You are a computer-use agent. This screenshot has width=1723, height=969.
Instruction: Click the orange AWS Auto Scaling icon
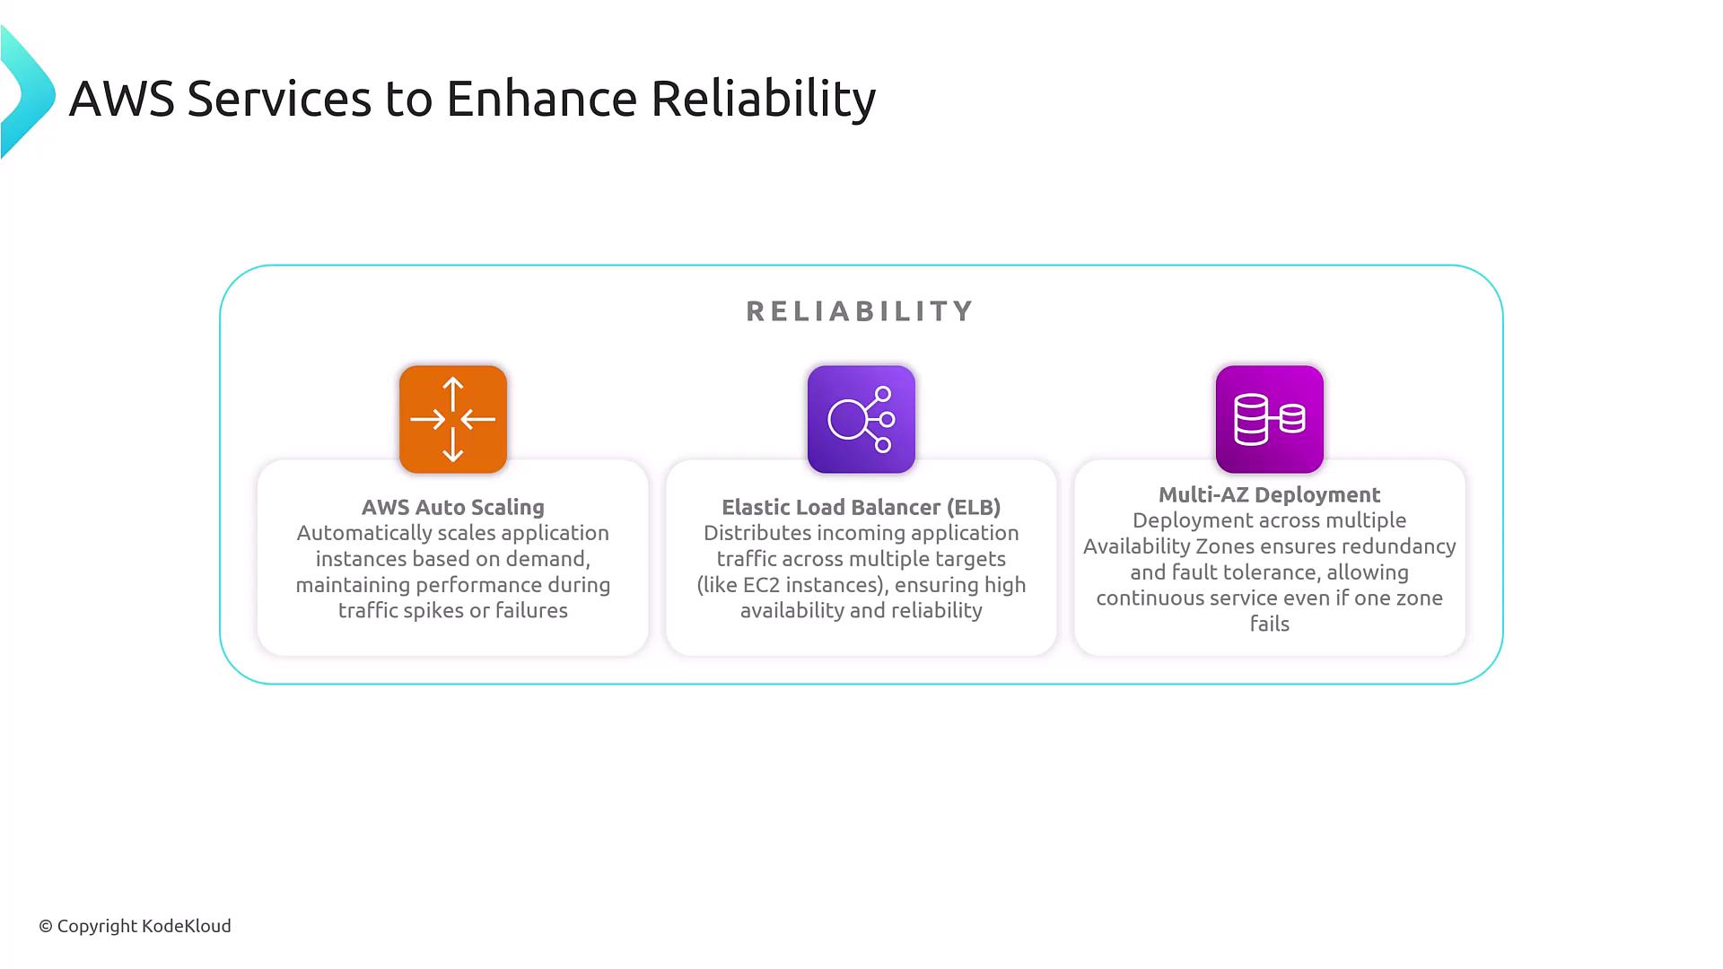tap(453, 419)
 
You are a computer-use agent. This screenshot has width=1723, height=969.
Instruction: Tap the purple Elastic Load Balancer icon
tap(861, 419)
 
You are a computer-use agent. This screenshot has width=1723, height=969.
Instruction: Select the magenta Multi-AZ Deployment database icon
tap(1270, 419)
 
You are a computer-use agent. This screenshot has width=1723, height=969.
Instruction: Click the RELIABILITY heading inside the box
tap(861, 311)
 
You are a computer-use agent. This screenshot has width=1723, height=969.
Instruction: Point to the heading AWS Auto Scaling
tap(453, 507)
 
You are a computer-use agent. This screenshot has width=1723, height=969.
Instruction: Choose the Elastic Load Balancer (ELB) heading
tap(861, 507)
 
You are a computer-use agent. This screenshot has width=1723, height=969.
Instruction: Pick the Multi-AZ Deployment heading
tap(1270, 494)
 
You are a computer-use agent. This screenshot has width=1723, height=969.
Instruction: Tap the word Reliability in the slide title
tap(763, 99)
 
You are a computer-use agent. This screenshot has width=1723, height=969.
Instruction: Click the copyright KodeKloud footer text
tap(135, 926)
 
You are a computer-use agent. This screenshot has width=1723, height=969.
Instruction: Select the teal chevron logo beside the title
tap(28, 92)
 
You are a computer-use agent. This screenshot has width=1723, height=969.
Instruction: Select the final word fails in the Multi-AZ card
tap(1270, 624)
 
